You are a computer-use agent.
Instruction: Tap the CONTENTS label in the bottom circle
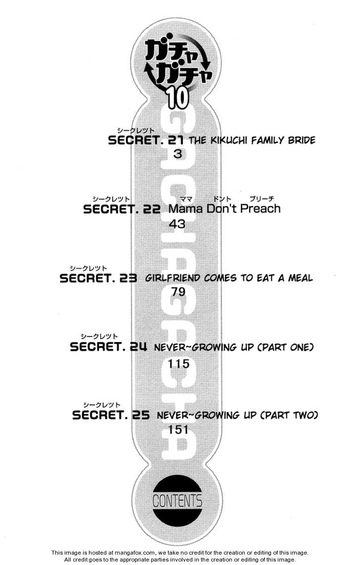(177, 501)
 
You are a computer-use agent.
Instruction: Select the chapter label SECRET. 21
(145, 140)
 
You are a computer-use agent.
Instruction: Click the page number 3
(178, 154)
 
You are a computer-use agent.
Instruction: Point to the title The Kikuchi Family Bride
(252, 140)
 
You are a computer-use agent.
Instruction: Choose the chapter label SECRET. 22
(122, 209)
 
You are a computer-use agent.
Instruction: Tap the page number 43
(177, 224)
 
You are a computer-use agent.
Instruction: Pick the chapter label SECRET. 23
(98, 278)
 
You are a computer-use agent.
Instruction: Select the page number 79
(178, 292)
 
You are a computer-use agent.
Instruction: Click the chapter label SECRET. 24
(108, 347)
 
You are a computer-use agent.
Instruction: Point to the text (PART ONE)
(286, 347)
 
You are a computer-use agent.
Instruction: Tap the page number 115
(179, 364)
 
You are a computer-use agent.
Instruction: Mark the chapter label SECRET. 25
(111, 415)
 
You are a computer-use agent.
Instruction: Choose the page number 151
(179, 430)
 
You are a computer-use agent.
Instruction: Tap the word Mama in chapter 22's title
(185, 209)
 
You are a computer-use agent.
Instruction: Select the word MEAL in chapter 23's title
(300, 278)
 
